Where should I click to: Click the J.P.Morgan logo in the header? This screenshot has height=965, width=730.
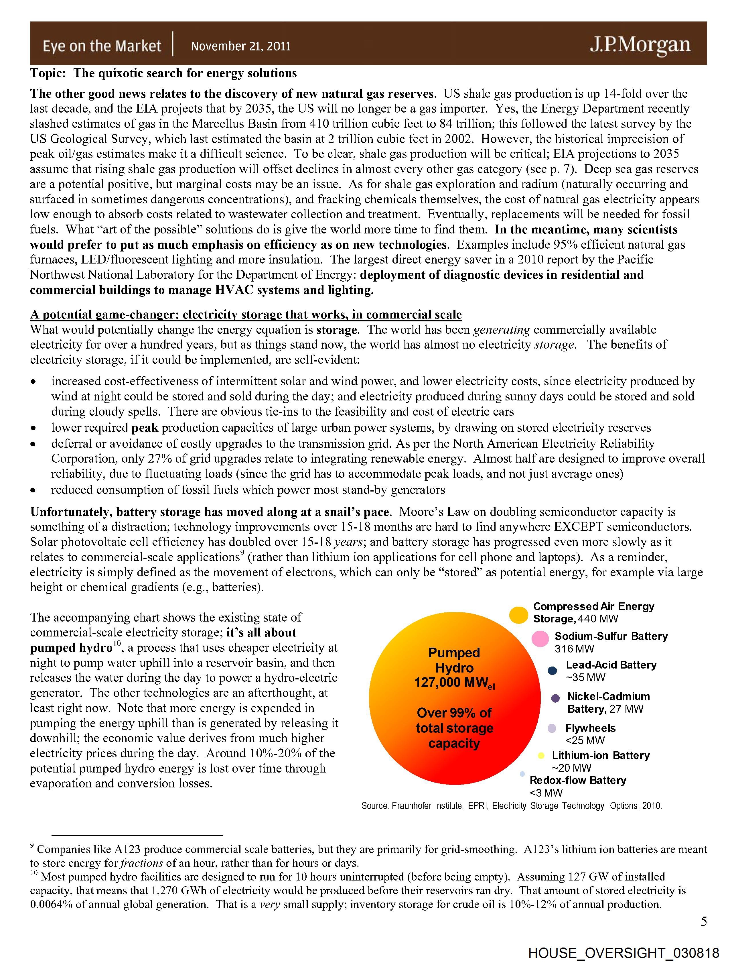coord(640,45)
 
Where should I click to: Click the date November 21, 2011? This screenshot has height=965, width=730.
coord(241,46)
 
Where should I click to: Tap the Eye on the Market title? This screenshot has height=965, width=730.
coord(102,46)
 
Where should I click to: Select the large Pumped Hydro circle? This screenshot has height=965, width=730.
coord(454,698)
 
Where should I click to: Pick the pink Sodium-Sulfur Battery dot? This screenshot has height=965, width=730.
coord(540,639)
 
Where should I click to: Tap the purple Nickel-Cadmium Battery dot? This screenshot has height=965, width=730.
coord(555,698)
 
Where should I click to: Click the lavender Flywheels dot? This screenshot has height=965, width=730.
coord(552,728)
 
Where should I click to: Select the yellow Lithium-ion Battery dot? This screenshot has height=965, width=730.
coord(541,756)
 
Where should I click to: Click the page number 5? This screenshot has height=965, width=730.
coord(703,921)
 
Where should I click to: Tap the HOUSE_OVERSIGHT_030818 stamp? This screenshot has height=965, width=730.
coord(623,953)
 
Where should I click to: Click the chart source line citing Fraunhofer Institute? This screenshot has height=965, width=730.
coord(511,806)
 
